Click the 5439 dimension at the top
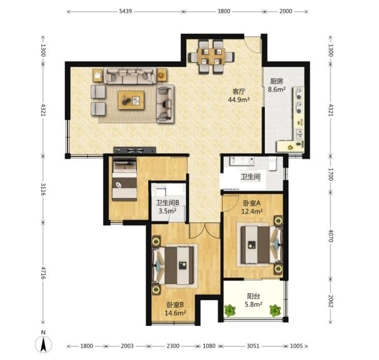[x=125, y=11]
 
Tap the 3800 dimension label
[x=224, y=11]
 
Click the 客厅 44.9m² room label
[x=239, y=95]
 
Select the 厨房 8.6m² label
[x=277, y=85]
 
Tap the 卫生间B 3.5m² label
[x=168, y=207]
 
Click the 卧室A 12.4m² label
[x=252, y=208]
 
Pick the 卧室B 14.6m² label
[x=175, y=309]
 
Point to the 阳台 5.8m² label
[x=254, y=300]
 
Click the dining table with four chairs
[x=211, y=57]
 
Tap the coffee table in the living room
[x=131, y=100]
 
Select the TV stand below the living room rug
[x=134, y=150]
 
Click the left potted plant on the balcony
[x=230, y=310]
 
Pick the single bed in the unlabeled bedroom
[x=124, y=179]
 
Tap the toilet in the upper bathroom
[x=273, y=163]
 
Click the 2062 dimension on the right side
[x=331, y=301]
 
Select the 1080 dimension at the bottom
[x=209, y=346]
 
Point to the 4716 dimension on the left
[x=43, y=273]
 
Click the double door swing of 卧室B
[x=205, y=230]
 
